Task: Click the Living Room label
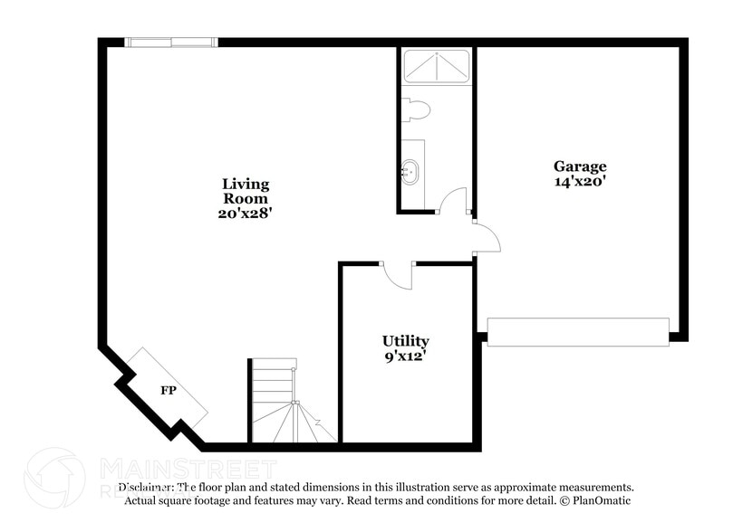[246, 191]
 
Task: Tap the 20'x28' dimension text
[246, 214]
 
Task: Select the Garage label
[580, 166]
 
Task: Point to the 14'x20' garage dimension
[580, 181]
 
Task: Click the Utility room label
[405, 341]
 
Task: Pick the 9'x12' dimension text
[405, 356]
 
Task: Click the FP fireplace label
[168, 391]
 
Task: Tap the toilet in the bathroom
[416, 109]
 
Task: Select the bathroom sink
[410, 171]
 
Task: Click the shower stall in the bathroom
[437, 67]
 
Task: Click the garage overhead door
[578, 331]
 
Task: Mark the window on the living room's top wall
[170, 42]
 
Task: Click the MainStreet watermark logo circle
[54, 478]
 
